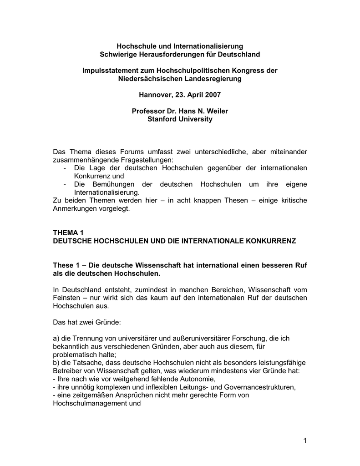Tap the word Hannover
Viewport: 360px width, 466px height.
coord(155,95)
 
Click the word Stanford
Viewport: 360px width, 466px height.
coord(162,120)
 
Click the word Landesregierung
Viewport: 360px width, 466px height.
coord(213,79)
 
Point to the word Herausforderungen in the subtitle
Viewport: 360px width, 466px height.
coord(168,54)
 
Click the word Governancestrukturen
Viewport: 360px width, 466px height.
coord(259,387)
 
